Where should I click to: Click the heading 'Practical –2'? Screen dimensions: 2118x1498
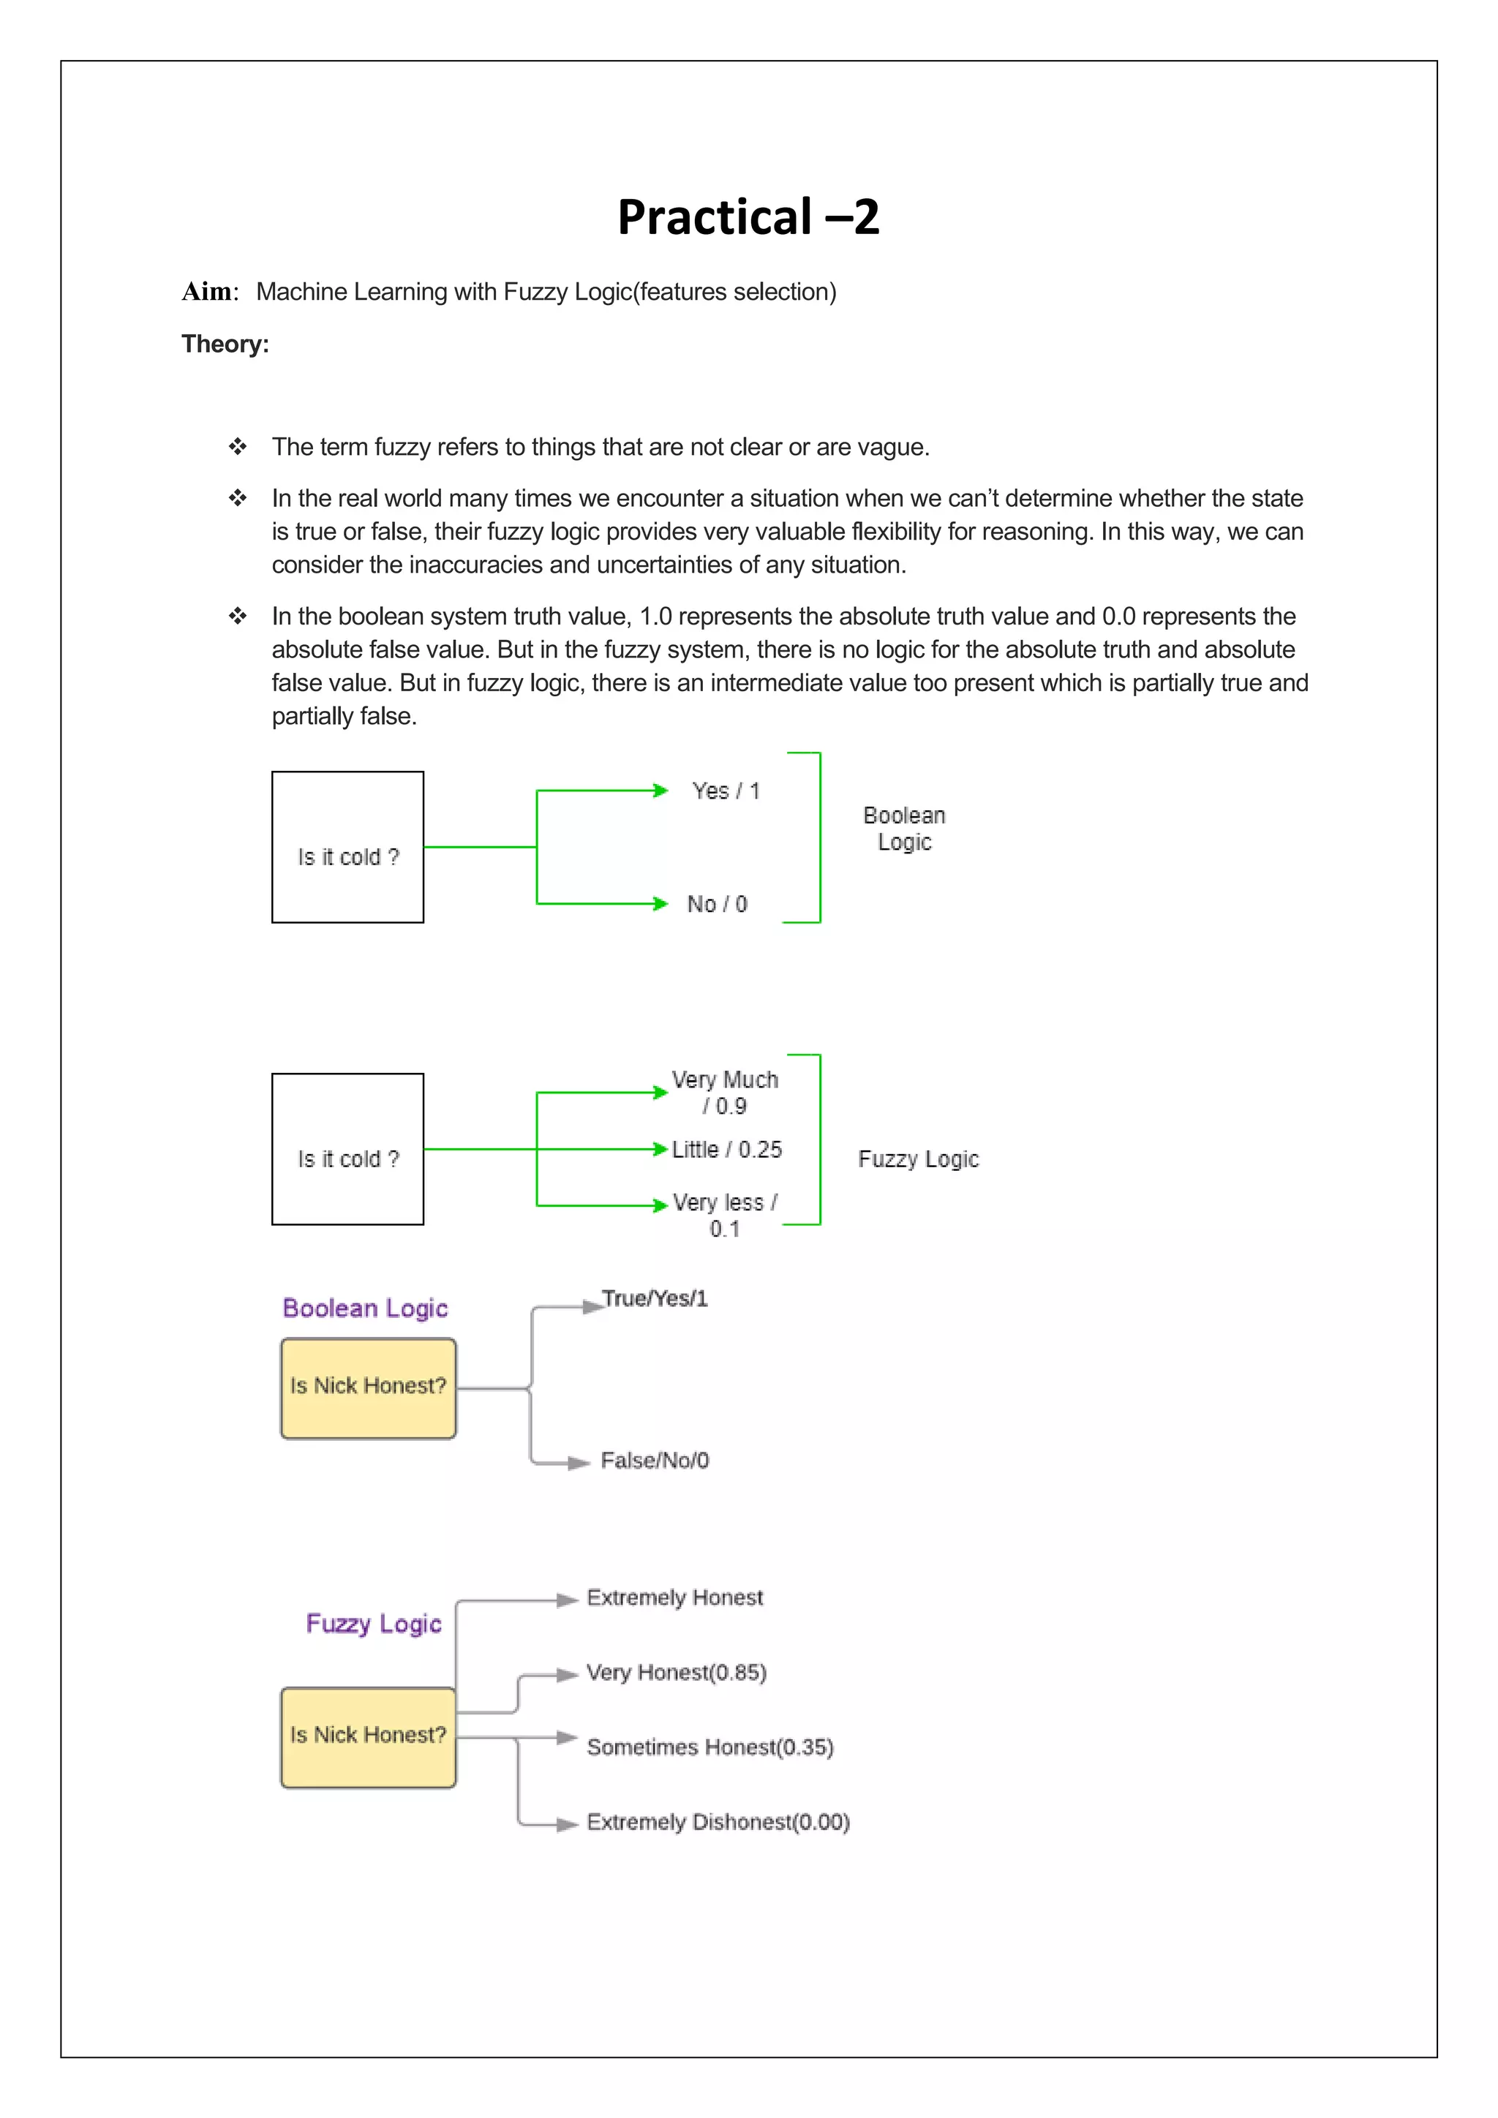pyautogui.click(x=748, y=218)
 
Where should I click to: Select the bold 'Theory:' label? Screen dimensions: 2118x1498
pyautogui.click(x=225, y=344)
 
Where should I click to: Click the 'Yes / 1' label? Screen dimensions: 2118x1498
pyautogui.click(x=726, y=791)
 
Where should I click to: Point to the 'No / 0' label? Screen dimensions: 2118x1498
pyautogui.click(x=717, y=904)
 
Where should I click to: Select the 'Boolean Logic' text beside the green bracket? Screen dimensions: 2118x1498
pyautogui.click(x=904, y=829)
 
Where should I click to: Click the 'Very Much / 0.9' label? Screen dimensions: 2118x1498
pyautogui.click(x=725, y=1092)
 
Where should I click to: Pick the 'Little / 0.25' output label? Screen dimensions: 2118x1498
pyautogui.click(x=727, y=1150)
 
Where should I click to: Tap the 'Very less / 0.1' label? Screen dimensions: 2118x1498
pyautogui.click(x=725, y=1215)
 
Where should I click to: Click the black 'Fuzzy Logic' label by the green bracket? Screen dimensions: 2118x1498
pyautogui.click(x=918, y=1158)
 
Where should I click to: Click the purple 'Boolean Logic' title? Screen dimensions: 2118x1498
pyautogui.click(x=365, y=1308)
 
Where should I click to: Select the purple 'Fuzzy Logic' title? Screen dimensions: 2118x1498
pyautogui.click(x=374, y=1624)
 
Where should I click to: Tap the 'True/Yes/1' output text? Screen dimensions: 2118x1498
pyautogui.click(x=655, y=1299)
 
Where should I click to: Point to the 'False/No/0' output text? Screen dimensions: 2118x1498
pyautogui.click(x=655, y=1461)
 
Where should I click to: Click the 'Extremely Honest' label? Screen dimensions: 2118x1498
pyautogui.click(x=675, y=1598)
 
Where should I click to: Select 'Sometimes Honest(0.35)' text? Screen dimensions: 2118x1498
pyautogui.click(x=710, y=1747)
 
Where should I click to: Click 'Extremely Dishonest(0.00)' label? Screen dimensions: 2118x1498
pyautogui.click(x=718, y=1822)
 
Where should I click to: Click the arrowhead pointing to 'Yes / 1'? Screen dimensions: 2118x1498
pyautogui.click(x=660, y=791)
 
